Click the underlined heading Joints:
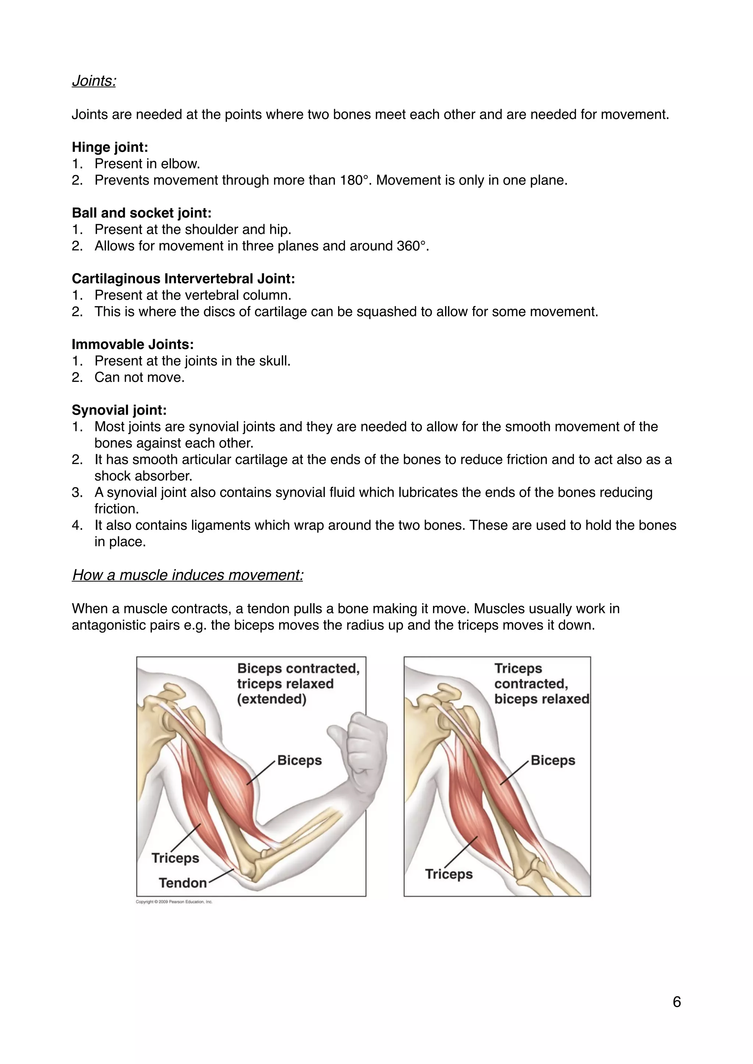(x=94, y=81)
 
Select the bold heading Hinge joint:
(x=110, y=147)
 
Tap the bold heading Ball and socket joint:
(x=142, y=213)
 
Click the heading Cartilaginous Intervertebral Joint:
(x=183, y=279)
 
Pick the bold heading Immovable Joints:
(x=133, y=345)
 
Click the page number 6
(x=677, y=1002)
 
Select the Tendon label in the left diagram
(x=183, y=883)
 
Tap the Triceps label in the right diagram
(x=449, y=874)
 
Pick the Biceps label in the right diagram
(x=553, y=761)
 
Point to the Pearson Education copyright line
(x=174, y=902)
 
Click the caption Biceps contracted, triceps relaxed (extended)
(x=298, y=684)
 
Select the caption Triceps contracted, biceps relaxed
(x=541, y=684)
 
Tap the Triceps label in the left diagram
(x=175, y=858)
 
